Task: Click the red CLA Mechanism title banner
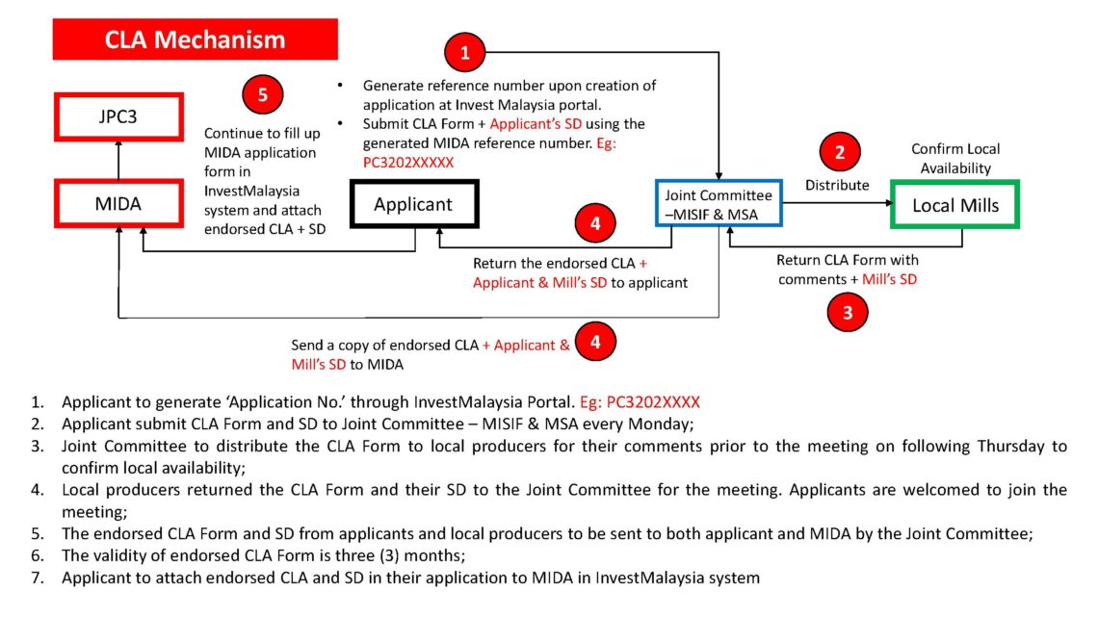(x=195, y=39)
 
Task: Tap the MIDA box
(x=118, y=205)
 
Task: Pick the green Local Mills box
(x=954, y=205)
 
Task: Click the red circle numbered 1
(x=466, y=54)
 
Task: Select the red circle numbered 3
(x=848, y=311)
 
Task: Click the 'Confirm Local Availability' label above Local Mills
(x=955, y=159)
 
